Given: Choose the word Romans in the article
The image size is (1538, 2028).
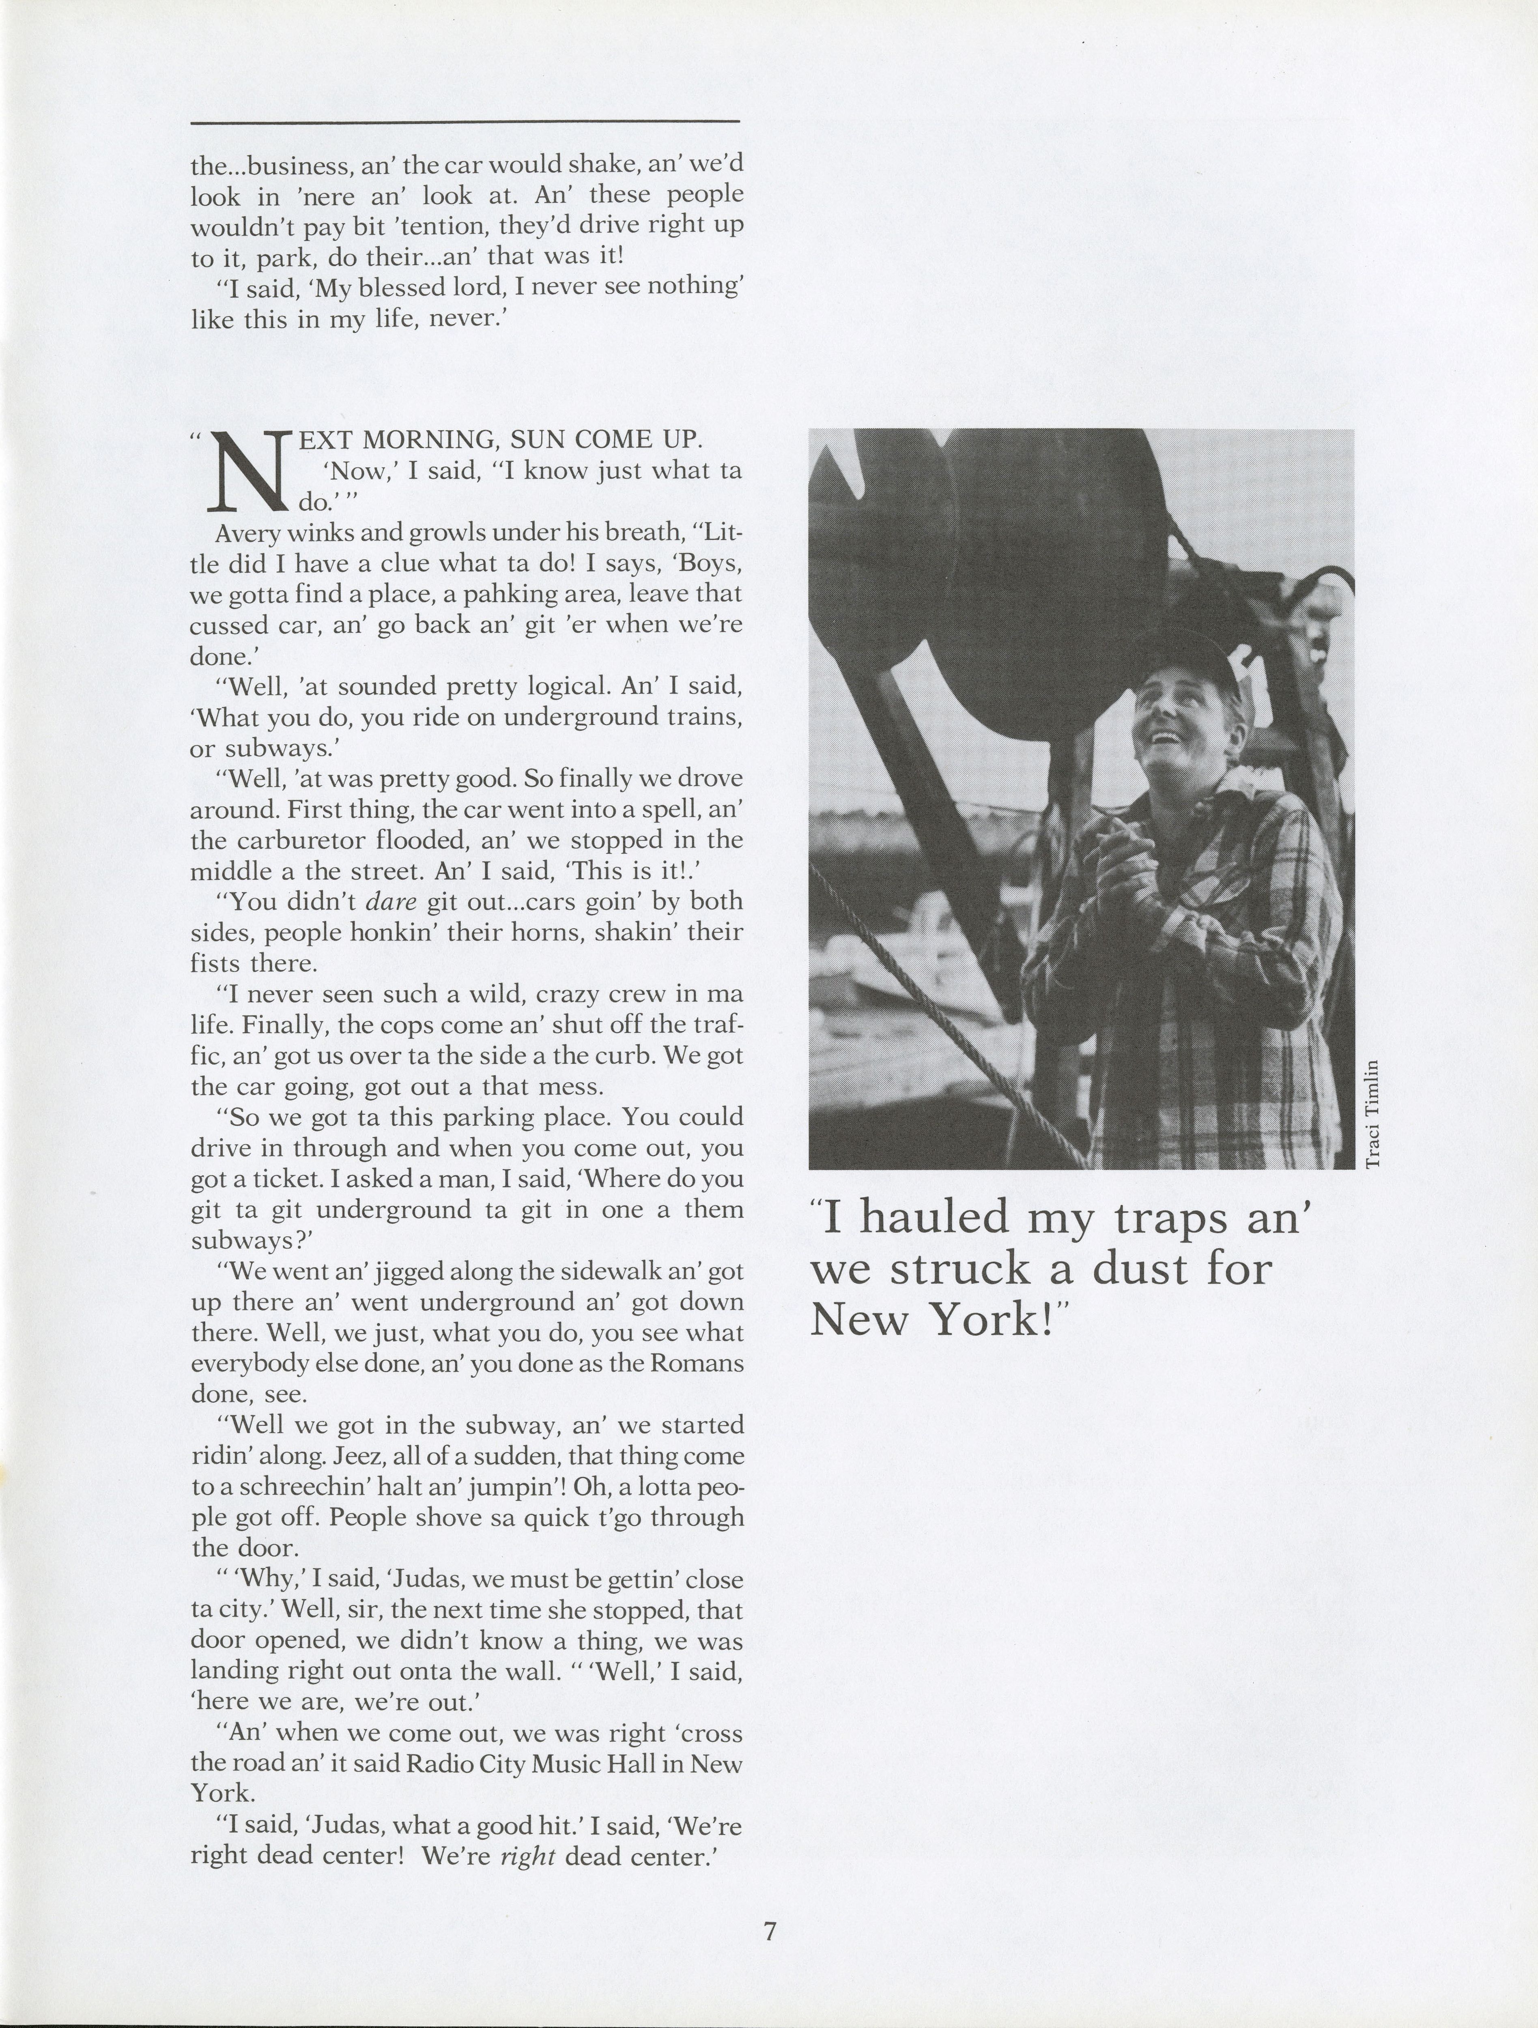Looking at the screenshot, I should click(697, 1363).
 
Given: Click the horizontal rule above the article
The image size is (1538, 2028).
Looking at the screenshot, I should click(465, 121).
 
